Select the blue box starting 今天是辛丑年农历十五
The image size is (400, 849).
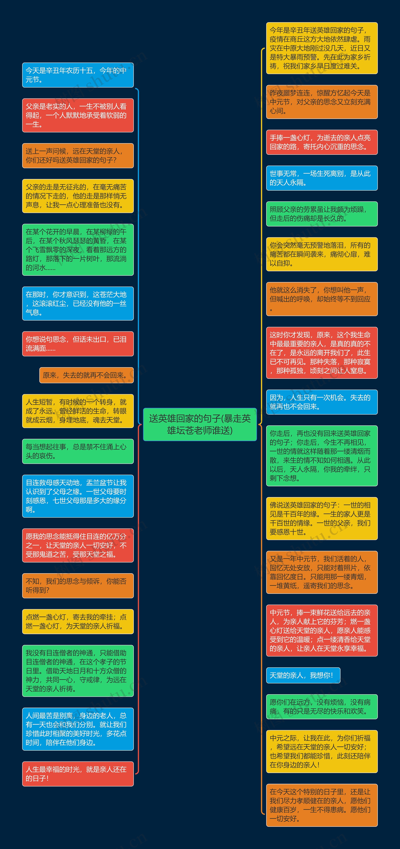78,75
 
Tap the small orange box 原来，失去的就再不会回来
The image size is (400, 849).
86,375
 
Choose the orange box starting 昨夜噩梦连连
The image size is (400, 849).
322,102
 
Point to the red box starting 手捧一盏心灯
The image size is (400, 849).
322,142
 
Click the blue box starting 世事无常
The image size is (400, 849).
322,178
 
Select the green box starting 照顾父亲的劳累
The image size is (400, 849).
322,214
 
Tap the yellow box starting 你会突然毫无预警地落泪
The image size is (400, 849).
322,254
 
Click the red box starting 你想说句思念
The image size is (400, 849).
78,344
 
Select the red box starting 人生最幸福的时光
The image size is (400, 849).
78,773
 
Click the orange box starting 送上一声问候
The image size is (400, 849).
78,156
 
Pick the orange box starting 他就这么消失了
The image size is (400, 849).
322,299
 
